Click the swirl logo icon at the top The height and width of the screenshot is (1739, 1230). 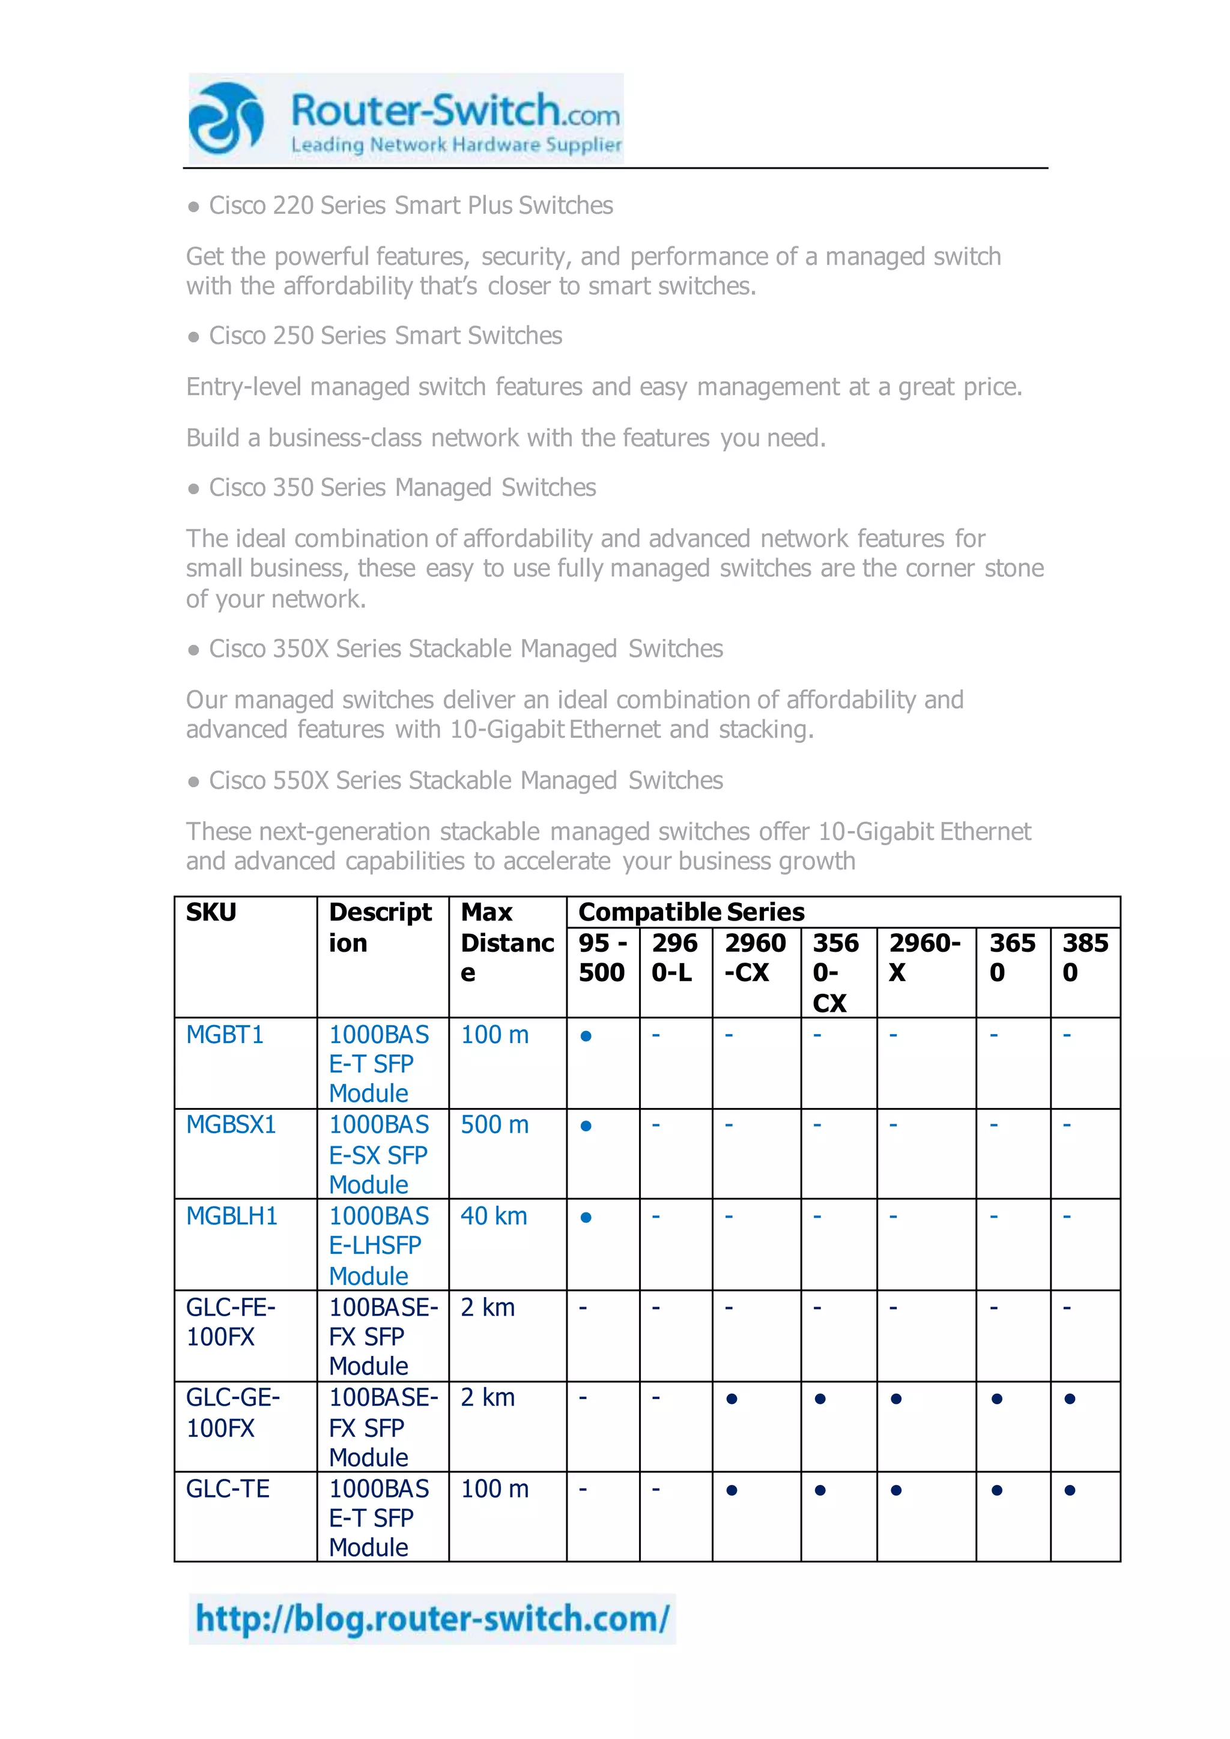coord(226,118)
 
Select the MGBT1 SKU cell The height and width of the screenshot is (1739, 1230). coord(225,1035)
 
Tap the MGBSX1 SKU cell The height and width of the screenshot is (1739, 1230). coord(231,1125)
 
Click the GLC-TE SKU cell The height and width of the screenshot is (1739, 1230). coord(228,1489)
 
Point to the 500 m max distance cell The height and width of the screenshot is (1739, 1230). coord(494,1125)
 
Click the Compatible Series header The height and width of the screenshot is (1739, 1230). coord(691,912)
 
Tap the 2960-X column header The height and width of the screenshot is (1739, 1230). coord(925,957)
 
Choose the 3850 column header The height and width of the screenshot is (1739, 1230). coord(1085,957)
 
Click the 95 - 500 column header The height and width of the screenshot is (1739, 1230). coord(603,957)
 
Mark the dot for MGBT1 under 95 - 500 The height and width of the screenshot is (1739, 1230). coord(586,1036)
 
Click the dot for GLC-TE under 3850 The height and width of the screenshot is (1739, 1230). coord(1070,1490)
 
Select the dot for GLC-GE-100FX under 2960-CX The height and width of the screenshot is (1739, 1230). coord(732,1399)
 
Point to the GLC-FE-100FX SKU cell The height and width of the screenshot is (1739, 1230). coord(231,1322)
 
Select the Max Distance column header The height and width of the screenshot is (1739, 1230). coord(507,942)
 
